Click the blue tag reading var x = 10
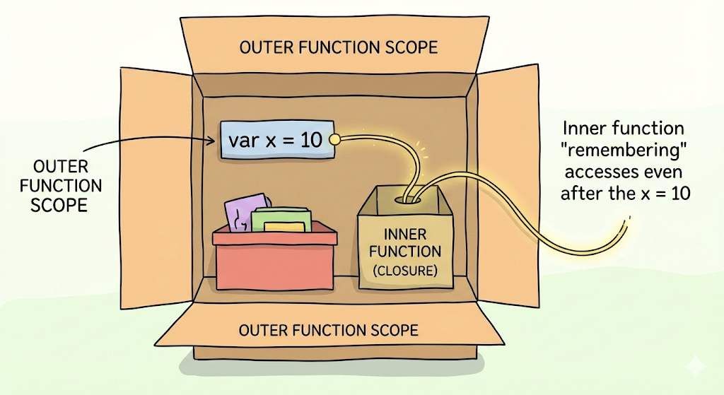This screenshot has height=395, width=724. (x=277, y=140)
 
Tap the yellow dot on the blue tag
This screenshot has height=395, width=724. (x=334, y=138)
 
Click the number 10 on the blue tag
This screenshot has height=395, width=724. (x=311, y=140)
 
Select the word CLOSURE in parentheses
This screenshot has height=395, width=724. (x=405, y=271)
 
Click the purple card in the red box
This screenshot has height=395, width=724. (x=243, y=213)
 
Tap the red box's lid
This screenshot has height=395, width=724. (x=275, y=235)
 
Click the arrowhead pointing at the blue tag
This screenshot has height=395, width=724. (x=210, y=141)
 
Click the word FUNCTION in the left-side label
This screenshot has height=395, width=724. (x=61, y=186)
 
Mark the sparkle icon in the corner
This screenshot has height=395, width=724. (x=695, y=367)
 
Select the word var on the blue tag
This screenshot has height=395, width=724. (x=244, y=141)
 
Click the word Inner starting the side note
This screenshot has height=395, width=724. (x=585, y=129)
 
